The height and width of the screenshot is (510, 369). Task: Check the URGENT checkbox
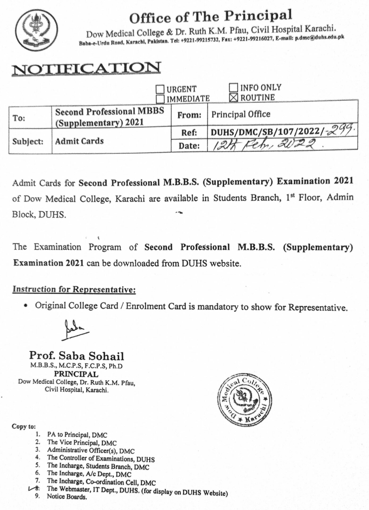160,89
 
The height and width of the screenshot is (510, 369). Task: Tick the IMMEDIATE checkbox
160,99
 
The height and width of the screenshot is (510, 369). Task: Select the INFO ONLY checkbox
233,87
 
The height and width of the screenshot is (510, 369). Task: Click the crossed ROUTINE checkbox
233,97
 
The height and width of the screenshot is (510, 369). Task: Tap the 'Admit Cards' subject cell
79,141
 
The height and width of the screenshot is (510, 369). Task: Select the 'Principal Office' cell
241,114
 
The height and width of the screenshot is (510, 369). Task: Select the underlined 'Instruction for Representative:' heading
74,289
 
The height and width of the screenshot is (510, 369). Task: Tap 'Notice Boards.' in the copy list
67,497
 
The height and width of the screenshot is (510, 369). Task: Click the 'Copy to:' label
23,427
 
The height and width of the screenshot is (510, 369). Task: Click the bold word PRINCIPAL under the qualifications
76,374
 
